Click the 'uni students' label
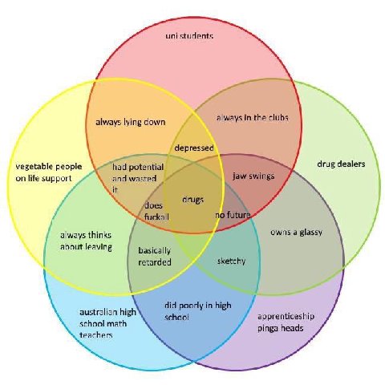[x=189, y=35]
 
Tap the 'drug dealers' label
[x=341, y=164]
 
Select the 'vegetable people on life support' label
[x=49, y=172]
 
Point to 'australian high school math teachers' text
[x=107, y=323]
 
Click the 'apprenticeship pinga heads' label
[x=286, y=322]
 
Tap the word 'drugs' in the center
[x=192, y=200]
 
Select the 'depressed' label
[x=194, y=148]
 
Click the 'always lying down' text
[x=131, y=122]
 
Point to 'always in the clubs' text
[x=252, y=117]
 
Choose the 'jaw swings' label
[x=253, y=176]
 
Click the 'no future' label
[x=233, y=215]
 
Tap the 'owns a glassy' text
[x=296, y=232]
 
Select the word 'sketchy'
[x=231, y=261]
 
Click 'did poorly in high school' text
[x=198, y=311]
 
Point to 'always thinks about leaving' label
[x=86, y=241]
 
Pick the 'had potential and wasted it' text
[x=138, y=178]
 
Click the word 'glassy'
[x=310, y=233]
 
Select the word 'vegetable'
[x=33, y=167]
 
